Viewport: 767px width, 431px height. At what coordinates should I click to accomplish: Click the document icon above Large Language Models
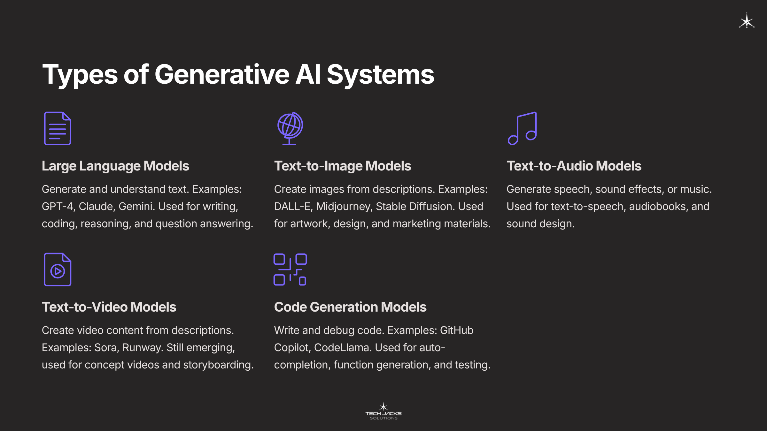[x=58, y=128]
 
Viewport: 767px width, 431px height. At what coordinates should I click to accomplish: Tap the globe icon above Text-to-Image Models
[x=290, y=128]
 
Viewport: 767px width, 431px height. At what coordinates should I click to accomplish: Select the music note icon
[x=522, y=128]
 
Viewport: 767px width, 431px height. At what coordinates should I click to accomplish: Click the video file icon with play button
[x=58, y=269]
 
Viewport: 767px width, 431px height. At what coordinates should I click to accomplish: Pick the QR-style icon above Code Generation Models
[x=290, y=269]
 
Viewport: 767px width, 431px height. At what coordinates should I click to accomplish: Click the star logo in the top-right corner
[x=747, y=21]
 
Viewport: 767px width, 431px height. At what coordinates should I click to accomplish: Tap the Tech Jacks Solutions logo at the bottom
[x=383, y=411]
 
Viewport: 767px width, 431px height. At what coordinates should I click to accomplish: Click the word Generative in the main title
[x=222, y=74]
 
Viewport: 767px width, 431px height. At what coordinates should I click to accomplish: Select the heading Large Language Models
[x=115, y=166]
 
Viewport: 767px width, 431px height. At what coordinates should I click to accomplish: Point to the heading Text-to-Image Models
[x=343, y=166]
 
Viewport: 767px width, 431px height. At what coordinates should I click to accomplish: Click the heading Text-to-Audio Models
[x=574, y=166]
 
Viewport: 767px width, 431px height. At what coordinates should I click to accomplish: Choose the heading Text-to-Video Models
[x=109, y=307]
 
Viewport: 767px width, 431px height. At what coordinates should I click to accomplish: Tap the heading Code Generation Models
[x=350, y=307]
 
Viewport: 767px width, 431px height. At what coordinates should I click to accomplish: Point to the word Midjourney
[x=344, y=207]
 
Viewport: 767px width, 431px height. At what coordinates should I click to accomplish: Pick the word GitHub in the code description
[x=457, y=330]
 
